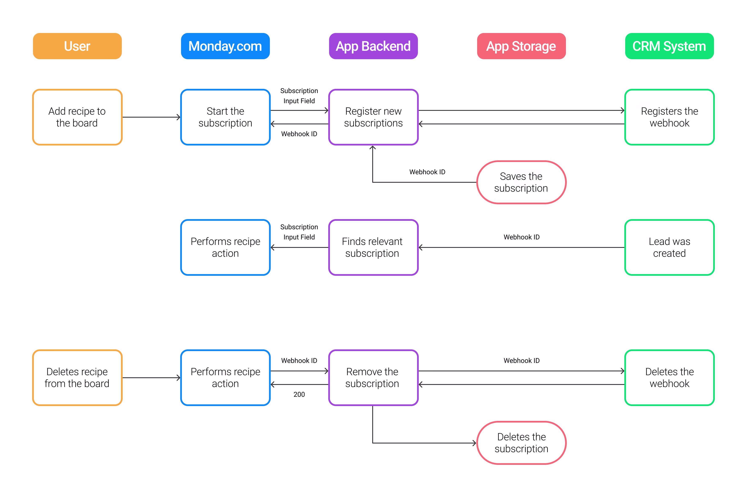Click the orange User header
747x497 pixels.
77,46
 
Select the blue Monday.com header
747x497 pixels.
225,46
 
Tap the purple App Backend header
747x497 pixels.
373,46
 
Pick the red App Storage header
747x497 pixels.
521,46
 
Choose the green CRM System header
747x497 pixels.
669,46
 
